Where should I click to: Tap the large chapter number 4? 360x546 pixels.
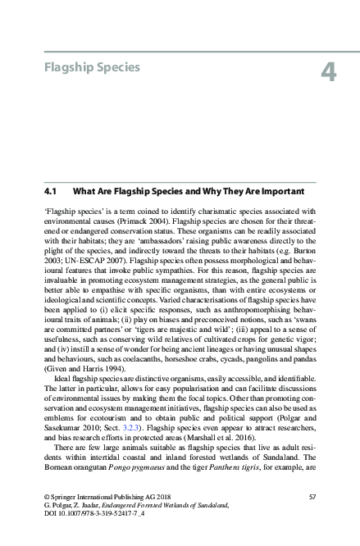(x=329, y=72)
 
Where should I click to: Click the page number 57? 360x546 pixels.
(x=312, y=498)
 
